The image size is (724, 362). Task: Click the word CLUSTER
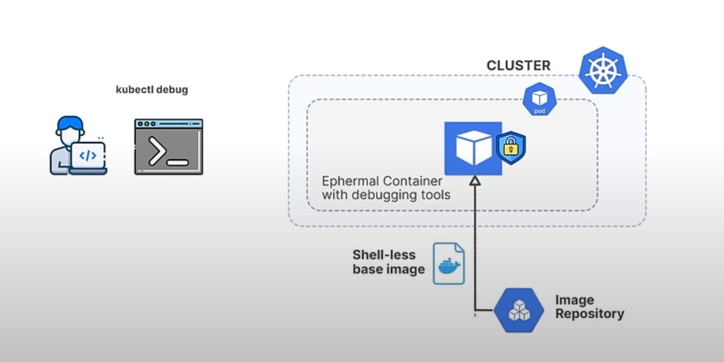pos(518,66)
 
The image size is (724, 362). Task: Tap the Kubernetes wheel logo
pos(603,70)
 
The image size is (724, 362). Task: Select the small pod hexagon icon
pos(540,99)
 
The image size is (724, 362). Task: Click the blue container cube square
pos(473,148)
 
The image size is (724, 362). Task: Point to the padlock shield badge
pos(511,148)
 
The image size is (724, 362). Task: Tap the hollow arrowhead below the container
pos(475,181)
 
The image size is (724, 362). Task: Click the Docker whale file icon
pos(449,264)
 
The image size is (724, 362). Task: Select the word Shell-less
pos(384,255)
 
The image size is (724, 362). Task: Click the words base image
pos(388,269)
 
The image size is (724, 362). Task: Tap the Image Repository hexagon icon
pos(519,310)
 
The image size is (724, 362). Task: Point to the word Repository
pos(589,314)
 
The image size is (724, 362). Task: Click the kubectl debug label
pos(152,90)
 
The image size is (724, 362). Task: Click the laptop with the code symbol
pos(88,157)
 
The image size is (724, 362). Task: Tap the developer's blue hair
pos(70,123)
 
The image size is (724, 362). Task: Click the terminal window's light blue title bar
pos(169,124)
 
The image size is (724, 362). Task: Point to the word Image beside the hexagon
pos(575,300)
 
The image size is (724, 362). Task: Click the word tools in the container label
pos(435,195)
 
